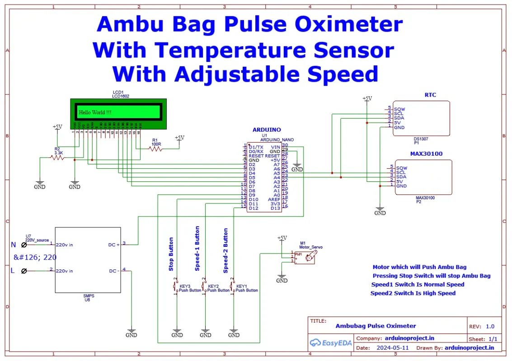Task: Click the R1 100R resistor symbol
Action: pos(155,148)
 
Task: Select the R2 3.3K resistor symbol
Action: pos(57,157)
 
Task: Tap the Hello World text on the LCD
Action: pos(95,112)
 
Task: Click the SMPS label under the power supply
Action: pos(89,296)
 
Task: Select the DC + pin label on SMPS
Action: pos(114,245)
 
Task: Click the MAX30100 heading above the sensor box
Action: pos(426,154)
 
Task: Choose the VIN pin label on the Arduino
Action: pos(275,147)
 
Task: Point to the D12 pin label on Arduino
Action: pos(254,208)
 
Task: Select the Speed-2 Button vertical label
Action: pos(225,250)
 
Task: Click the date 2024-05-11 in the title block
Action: pos(392,348)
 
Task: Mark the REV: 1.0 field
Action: pos(484,326)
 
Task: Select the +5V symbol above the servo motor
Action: pos(282,238)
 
